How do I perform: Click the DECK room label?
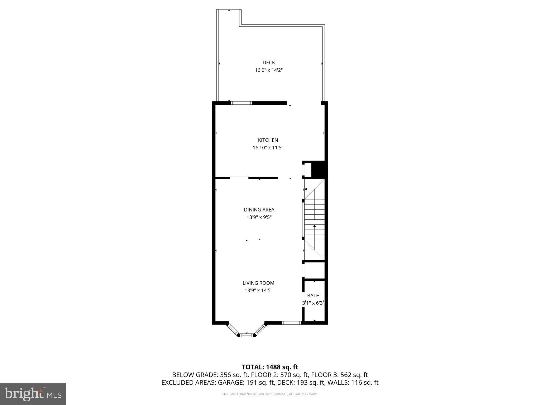tap(269, 62)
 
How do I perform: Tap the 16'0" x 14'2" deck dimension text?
tap(269, 70)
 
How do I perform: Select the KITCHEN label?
tap(268, 140)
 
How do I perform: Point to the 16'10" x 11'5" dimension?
tap(268, 148)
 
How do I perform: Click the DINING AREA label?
tap(259, 210)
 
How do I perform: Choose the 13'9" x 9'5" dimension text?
tap(259, 217)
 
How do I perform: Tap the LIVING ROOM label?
tap(258, 283)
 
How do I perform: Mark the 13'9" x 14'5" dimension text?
tap(258, 291)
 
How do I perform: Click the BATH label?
tap(313, 296)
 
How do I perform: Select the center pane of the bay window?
tap(247, 335)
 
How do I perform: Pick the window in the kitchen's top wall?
tap(242, 103)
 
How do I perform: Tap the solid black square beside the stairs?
tap(319, 170)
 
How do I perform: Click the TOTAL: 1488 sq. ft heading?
tap(270, 367)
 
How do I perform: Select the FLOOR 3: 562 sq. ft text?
tap(339, 375)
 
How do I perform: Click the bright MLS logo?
tap(33, 394)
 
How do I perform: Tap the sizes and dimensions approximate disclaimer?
tap(270, 394)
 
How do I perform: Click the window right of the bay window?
tap(291, 323)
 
